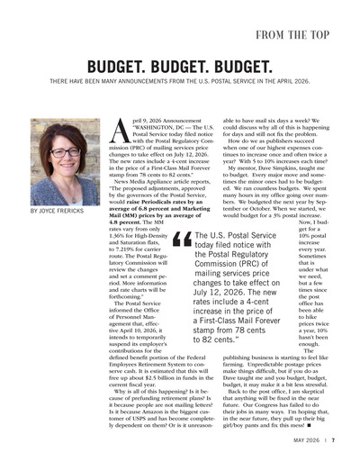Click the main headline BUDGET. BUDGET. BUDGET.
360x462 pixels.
180,69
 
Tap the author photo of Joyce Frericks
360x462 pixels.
66,162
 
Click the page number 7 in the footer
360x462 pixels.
333,442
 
